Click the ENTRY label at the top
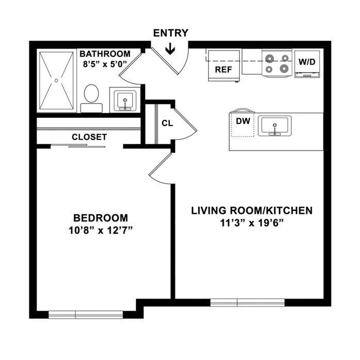tap(170, 33)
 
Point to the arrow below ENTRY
tap(170, 49)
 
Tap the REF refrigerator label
tap(224, 69)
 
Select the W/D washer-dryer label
tap(307, 61)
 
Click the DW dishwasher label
tap(243, 121)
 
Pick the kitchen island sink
tap(275, 126)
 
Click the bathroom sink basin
tap(125, 100)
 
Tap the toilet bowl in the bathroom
tap(91, 93)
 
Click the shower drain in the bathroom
tap(56, 81)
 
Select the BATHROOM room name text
tap(105, 54)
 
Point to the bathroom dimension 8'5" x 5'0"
tap(105, 64)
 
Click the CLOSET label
tap(89, 137)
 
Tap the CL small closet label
tap(167, 123)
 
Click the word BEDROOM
tap(101, 218)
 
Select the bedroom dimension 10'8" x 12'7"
tap(101, 230)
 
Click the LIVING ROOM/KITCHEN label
tap(252, 211)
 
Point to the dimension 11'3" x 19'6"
tap(252, 223)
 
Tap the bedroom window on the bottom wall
tap(86, 315)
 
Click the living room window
tap(247, 303)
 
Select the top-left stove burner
tap(269, 59)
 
